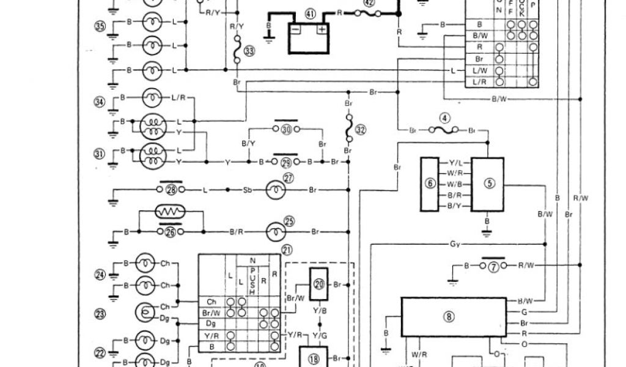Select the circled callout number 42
[x=369, y=2]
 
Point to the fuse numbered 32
[x=349, y=130]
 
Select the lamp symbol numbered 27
[x=273, y=190]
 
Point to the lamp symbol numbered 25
[x=273, y=232]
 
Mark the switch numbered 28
[x=171, y=190]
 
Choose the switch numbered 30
[x=286, y=130]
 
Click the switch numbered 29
[x=286, y=162]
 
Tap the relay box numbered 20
[x=319, y=284]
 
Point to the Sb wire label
[x=246, y=191]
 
